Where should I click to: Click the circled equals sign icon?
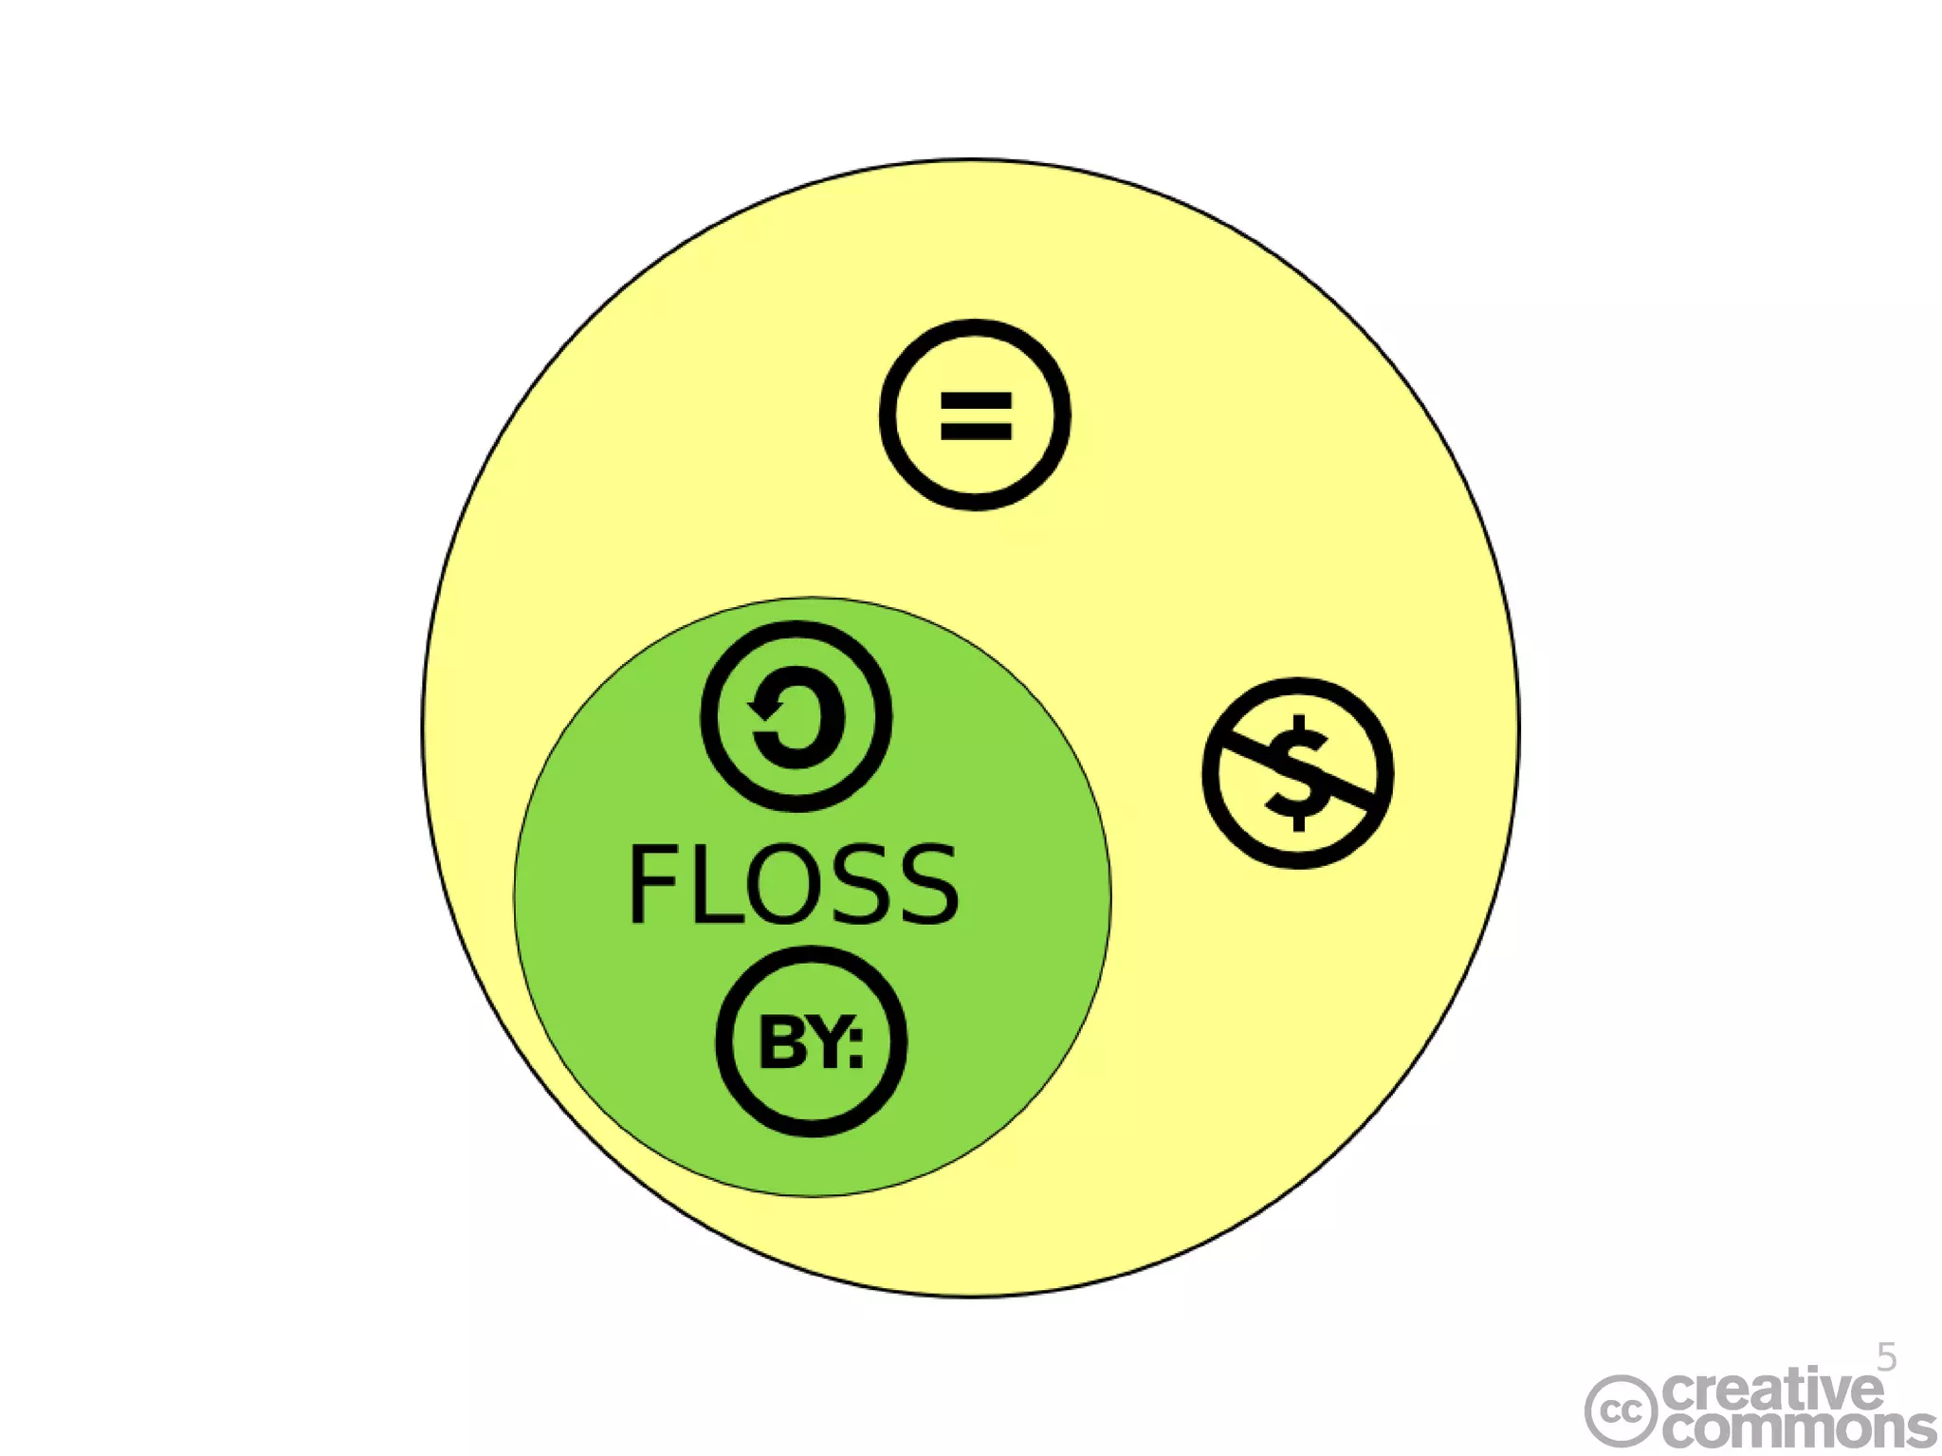pos(975,415)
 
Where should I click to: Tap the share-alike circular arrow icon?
pos(796,716)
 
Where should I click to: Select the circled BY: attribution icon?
pos(811,1041)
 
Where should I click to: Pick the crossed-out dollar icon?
pos(1297,772)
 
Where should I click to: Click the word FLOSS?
pos(793,884)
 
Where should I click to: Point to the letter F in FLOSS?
pos(650,884)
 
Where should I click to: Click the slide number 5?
pos(1887,1357)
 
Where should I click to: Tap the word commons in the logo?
pos(1797,1428)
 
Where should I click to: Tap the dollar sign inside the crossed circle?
pos(1298,772)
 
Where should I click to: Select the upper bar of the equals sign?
pos(976,401)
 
